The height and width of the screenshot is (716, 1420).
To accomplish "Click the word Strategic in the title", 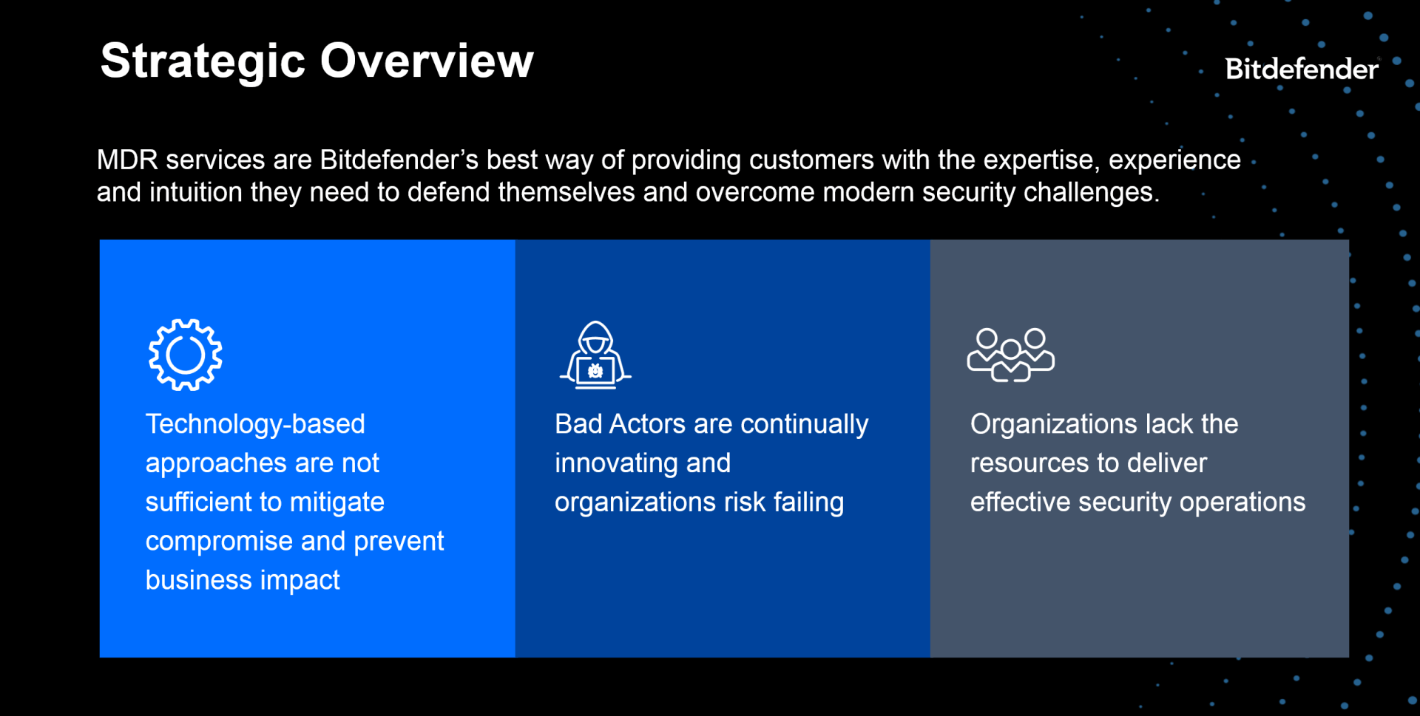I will coord(203,61).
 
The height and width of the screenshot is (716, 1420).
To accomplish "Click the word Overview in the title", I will coord(426,61).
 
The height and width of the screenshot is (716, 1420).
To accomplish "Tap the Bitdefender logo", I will coord(1301,69).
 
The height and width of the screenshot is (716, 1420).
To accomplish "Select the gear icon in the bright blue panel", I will coord(185,355).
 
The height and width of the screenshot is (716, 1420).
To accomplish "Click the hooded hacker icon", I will coord(595,355).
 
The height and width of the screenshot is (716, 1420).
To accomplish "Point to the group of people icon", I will coord(1010,355).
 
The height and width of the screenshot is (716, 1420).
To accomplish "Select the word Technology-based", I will coord(255,424).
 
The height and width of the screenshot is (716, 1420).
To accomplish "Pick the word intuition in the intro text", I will coord(196,193).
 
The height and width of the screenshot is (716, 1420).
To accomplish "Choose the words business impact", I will coord(243,581).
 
